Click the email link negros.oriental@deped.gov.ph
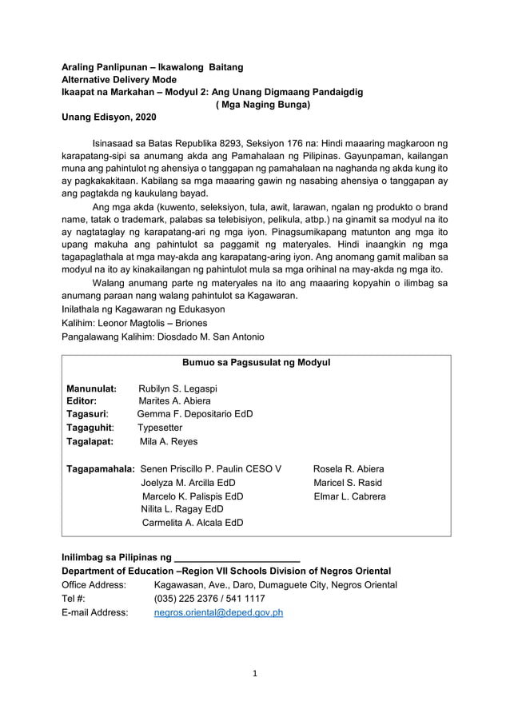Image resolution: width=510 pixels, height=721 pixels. pos(218,613)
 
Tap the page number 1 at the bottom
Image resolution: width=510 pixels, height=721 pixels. pos(255,673)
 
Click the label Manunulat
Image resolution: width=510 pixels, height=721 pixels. pos(92,388)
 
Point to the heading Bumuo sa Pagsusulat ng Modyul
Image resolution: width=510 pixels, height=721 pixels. pos(256,362)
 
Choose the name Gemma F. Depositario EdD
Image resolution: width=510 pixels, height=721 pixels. pos(195,414)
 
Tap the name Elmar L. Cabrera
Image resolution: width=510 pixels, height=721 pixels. pos(349,496)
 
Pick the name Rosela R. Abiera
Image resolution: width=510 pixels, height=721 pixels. pos(349,468)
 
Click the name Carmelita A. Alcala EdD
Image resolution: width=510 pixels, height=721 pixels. pos(193,523)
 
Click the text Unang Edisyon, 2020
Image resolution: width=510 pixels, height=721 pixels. pos(110,118)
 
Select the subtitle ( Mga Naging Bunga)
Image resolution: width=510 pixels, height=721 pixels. pos(263,104)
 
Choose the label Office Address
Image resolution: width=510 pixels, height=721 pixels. pos(94,585)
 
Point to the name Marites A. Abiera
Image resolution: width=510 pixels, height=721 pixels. pos(175,400)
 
